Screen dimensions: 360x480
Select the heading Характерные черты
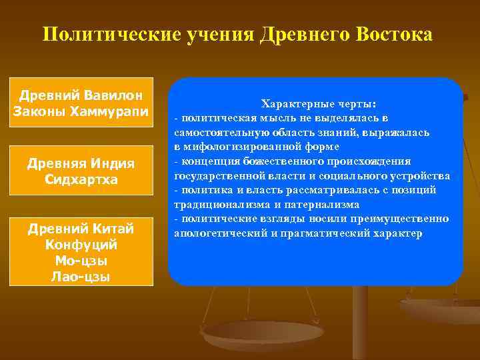coord(319,105)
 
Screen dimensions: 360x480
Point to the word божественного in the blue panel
coord(275,161)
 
